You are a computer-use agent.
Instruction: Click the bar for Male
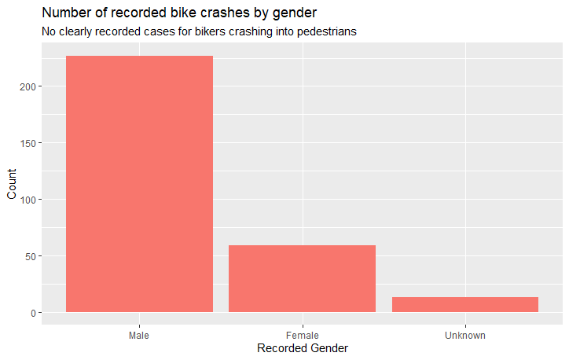[139, 184]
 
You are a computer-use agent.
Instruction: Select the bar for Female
[302, 278]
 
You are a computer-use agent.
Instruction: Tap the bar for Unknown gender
[465, 304]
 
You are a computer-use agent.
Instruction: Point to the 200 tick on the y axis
[25, 86]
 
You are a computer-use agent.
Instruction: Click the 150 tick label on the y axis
[25, 143]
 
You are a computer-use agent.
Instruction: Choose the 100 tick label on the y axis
[25, 200]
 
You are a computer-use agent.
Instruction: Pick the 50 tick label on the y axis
[28, 256]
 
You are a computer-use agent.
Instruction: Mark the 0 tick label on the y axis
[31, 313]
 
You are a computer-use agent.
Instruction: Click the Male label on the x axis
[139, 336]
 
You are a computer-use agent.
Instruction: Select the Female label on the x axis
[302, 336]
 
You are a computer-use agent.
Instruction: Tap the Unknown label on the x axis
[465, 336]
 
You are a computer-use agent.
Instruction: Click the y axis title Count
[11, 184]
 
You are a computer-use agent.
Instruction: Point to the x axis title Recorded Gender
[302, 348]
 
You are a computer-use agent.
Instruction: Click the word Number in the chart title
[67, 13]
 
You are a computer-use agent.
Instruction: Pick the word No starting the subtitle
[49, 32]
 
